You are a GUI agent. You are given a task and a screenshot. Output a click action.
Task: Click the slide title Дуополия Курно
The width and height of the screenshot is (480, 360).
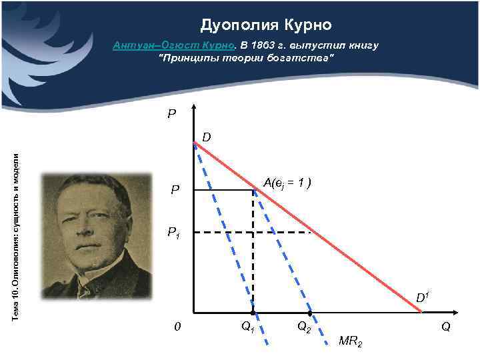[x=265, y=25]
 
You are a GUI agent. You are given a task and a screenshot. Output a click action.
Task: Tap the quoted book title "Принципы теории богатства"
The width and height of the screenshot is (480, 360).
[x=245, y=59]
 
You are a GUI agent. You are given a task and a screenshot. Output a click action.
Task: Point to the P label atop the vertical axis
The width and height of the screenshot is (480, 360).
[x=171, y=114]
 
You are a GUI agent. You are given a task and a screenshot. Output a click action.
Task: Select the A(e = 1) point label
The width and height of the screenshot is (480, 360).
[x=288, y=182]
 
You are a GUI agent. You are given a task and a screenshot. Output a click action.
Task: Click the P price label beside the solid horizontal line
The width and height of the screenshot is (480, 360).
[x=174, y=191]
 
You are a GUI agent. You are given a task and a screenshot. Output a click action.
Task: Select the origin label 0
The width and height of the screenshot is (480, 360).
[x=176, y=327]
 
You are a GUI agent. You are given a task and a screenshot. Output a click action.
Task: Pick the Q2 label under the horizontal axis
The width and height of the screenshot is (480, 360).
[x=304, y=327]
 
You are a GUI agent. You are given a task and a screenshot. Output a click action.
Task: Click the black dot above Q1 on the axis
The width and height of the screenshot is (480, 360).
[x=253, y=313]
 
